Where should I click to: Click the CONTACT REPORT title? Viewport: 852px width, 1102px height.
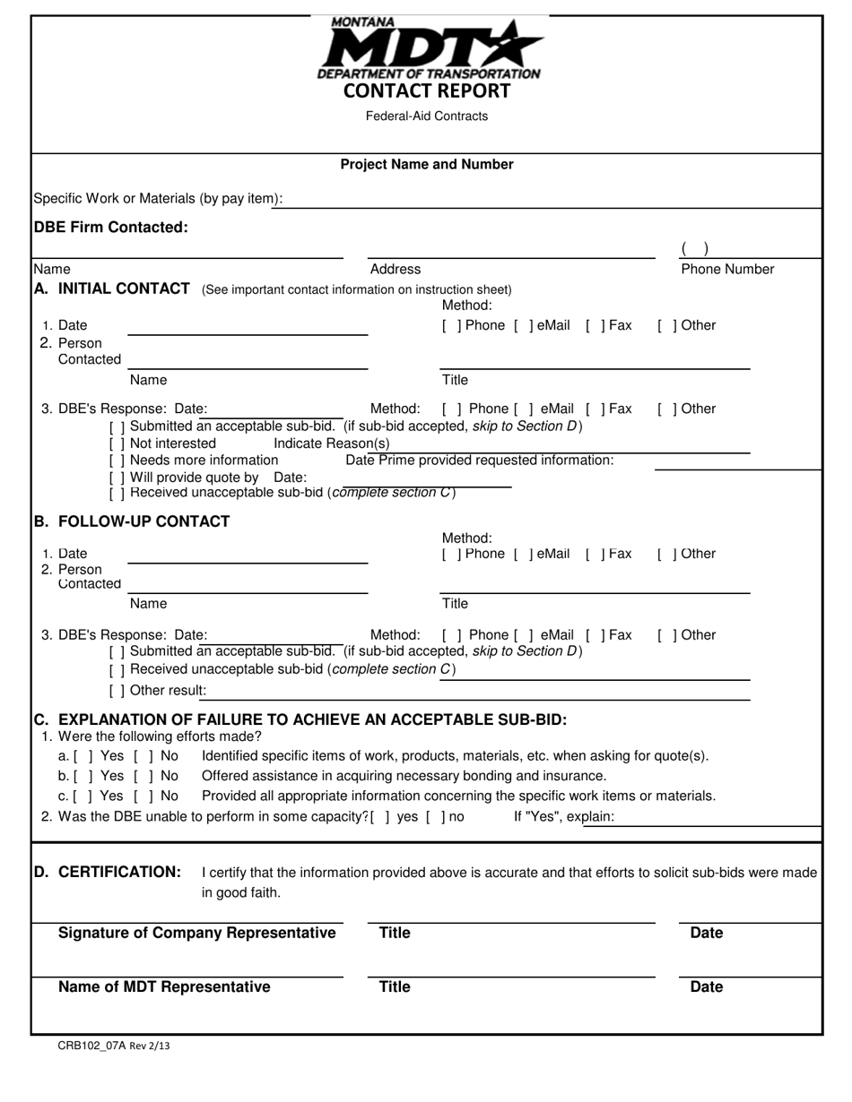(427, 91)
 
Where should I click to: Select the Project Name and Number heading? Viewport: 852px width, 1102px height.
(427, 165)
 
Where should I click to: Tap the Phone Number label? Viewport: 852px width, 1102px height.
(727, 270)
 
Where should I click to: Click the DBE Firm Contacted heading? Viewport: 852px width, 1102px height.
(111, 228)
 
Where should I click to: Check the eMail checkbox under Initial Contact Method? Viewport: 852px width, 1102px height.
(520, 326)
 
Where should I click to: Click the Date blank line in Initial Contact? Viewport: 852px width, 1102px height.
(248, 329)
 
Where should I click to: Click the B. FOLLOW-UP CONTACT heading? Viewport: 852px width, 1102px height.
(132, 521)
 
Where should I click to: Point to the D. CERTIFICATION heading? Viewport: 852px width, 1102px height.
(108, 873)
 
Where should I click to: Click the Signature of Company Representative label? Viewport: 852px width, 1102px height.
(196, 934)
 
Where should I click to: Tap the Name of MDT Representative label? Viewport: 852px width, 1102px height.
(164, 987)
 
